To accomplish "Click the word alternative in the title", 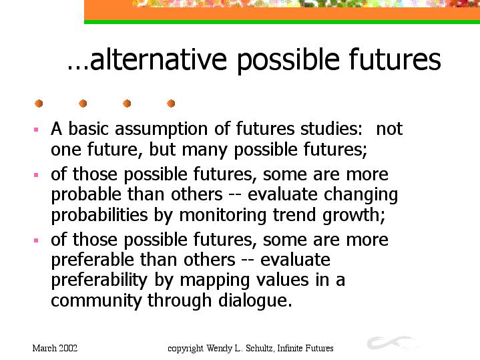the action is coord(158,59).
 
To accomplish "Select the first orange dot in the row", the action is coord(39,104).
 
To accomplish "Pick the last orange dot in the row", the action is coord(171,104).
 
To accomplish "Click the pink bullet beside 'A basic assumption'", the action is coord(36,130).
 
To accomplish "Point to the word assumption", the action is coord(162,129).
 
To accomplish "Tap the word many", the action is coord(205,150).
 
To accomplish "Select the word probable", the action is coord(86,194).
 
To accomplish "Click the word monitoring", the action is coord(222,215).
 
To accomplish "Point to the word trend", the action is coord(294,214).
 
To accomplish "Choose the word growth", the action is coord(354,215).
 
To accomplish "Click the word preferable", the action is coord(92,260).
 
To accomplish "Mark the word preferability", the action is coord(99,281).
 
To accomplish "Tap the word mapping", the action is coord(214,281).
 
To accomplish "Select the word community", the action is coord(96,301).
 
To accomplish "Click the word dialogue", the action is coord(255,301).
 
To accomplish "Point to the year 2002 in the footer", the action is coord(68,348).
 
